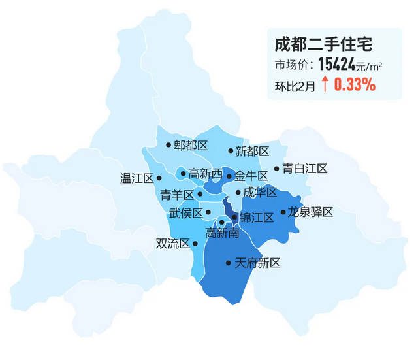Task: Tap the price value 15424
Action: click(x=336, y=64)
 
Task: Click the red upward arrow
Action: click(x=325, y=84)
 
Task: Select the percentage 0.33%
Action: click(x=355, y=84)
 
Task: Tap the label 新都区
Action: click(x=252, y=151)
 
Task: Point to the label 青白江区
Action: click(x=304, y=169)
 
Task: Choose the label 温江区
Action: click(x=136, y=178)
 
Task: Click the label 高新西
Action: click(x=205, y=174)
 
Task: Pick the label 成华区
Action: click(x=260, y=192)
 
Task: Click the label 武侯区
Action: click(x=185, y=212)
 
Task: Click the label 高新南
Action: click(x=222, y=233)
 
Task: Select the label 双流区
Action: click(x=172, y=244)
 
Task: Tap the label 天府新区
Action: click(x=257, y=263)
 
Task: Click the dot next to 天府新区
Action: click(x=228, y=263)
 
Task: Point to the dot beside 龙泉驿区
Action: click(x=283, y=212)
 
